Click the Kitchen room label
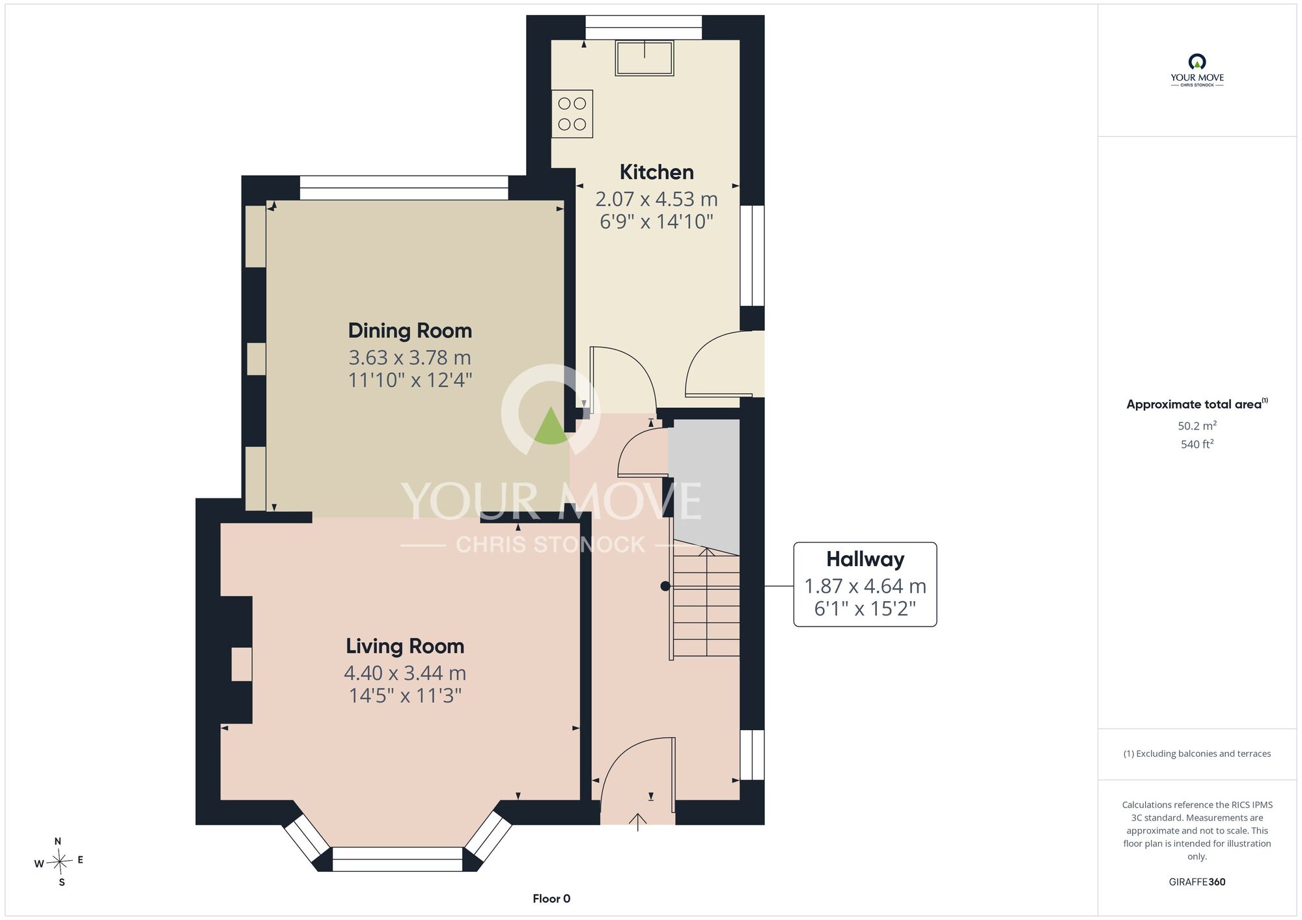tap(656, 172)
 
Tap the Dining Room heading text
tap(410, 331)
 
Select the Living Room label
tap(405, 646)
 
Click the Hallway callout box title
tap(865, 559)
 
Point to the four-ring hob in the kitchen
tap(572, 114)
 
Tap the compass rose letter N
tap(58, 841)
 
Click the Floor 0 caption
tap(551, 899)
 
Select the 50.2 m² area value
tap(1197, 426)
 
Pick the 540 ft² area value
tap(1197, 444)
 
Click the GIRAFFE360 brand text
tap(1197, 882)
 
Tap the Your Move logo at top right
tap(1197, 70)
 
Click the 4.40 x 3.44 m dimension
tap(405, 673)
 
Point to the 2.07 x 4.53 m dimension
tap(656, 199)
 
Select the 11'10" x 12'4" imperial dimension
tap(410, 380)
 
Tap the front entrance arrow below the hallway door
tap(637, 822)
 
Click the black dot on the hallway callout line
tap(665, 586)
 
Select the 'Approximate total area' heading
tap(1197, 404)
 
